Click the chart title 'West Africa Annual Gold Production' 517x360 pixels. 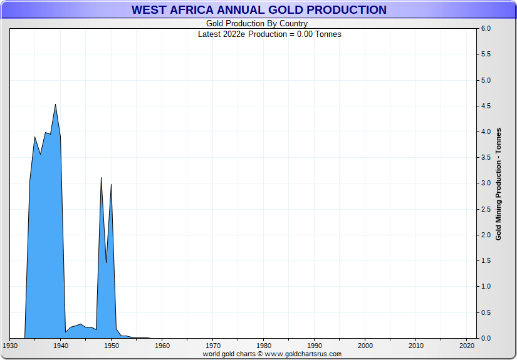tap(258, 10)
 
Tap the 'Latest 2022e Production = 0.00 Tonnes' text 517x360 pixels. tap(269, 34)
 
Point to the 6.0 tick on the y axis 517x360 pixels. tap(485, 29)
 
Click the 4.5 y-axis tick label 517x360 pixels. tap(485, 106)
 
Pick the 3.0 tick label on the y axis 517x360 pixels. tap(485, 183)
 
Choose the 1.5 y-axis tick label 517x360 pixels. tap(485, 260)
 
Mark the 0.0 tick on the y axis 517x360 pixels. tap(485, 338)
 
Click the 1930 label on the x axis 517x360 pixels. tap(10, 346)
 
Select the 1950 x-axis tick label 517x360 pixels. tap(112, 346)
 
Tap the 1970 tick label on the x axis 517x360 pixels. tap(213, 346)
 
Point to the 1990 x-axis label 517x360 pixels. tap(315, 346)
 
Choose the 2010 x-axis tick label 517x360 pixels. tap(416, 346)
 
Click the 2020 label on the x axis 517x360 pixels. tap(467, 346)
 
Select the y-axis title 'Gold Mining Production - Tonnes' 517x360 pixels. tap(499, 183)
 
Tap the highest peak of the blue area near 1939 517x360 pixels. tap(56, 105)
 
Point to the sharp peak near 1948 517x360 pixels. tap(102, 178)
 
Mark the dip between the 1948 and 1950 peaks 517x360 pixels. tap(107, 262)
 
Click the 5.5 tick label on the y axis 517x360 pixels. tap(485, 54)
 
